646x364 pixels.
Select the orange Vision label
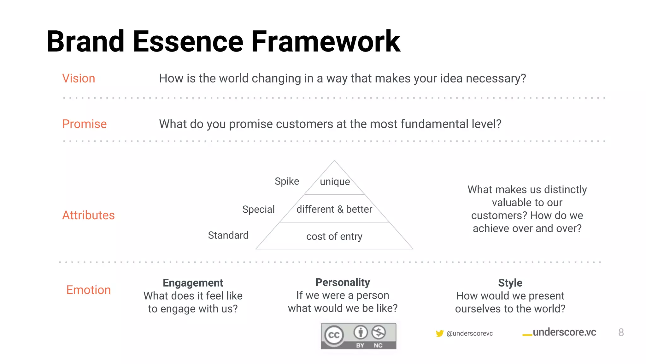point(79,78)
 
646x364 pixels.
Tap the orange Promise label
point(84,124)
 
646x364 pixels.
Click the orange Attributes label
point(88,215)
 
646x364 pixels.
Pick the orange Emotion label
point(88,290)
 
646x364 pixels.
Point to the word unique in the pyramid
point(335,182)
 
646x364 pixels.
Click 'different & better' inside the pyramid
point(334,209)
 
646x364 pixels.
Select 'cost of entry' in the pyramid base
point(334,236)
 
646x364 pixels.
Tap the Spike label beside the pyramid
point(287,181)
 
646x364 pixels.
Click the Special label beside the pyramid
point(258,209)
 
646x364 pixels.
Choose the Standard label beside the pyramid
point(228,235)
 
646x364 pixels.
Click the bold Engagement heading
point(193,283)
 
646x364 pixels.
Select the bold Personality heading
point(343,282)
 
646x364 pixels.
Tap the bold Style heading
point(510,283)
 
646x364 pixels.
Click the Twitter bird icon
point(439,333)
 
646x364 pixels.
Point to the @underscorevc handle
point(470,334)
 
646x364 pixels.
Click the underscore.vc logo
point(560,332)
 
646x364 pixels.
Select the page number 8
point(621,332)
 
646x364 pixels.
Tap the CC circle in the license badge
point(334,335)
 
